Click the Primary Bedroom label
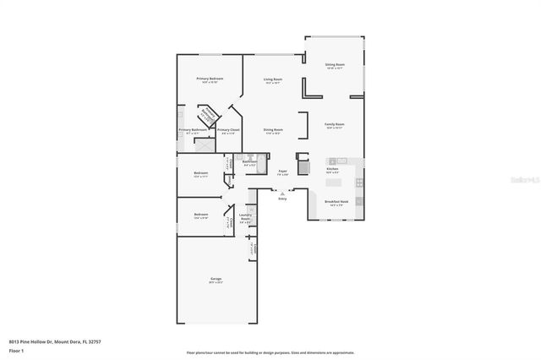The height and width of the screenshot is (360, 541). [210, 79]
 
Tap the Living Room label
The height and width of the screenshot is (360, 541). [272, 79]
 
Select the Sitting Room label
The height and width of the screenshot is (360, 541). [335, 65]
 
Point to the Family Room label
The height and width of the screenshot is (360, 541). [335, 125]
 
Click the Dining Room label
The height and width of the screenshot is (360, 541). [272, 131]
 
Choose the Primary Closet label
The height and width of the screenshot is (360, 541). [228, 131]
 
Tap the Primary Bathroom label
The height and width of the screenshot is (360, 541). [190, 131]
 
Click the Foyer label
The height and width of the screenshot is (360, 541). [283, 172]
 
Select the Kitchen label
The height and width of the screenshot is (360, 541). [333, 171]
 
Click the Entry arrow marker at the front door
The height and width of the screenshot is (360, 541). [282, 194]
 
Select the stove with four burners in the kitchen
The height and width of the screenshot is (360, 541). [359, 182]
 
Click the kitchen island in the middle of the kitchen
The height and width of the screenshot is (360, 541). [335, 181]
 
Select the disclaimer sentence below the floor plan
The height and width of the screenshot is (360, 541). [270, 352]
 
